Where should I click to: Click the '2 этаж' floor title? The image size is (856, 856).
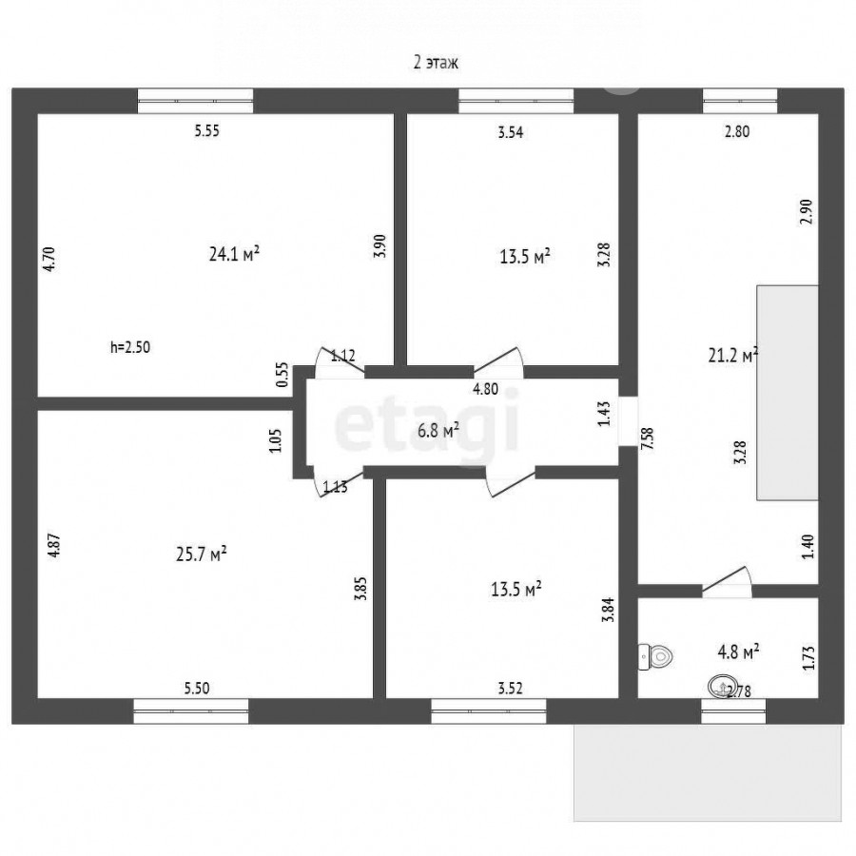[x=436, y=63]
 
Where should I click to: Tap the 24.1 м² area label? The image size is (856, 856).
[x=234, y=254]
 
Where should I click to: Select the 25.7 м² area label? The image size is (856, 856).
[x=202, y=554]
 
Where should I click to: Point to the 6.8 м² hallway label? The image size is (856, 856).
[x=438, y=431]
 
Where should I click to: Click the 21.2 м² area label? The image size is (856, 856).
[x=733, y=356]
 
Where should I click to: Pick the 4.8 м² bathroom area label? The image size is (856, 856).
[x=738, y=652]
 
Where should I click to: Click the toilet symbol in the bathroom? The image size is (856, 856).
[x=655, y=655]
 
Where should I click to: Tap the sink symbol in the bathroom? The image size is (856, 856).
[x=720, y=686]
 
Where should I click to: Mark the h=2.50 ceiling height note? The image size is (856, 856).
[x=130, y=347]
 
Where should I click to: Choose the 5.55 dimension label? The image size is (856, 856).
[x=207, y=131]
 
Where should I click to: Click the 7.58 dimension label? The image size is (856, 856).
[x=648, y=438]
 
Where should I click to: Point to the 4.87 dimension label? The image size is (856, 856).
[x=54, y=545]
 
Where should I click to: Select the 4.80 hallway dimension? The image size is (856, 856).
[x=485, y=389]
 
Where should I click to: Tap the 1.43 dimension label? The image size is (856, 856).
[x=604, y=414]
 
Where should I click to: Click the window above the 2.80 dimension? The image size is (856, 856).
[x=740, y=101]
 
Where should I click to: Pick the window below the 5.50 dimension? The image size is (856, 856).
[x=191, y=711]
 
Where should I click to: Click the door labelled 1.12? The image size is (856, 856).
[x=340, y=362]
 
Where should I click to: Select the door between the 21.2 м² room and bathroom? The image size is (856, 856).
[x=727, y=581]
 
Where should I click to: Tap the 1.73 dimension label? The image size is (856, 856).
[x=809, y=657]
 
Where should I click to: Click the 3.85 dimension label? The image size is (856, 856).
[x=360, y=589]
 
